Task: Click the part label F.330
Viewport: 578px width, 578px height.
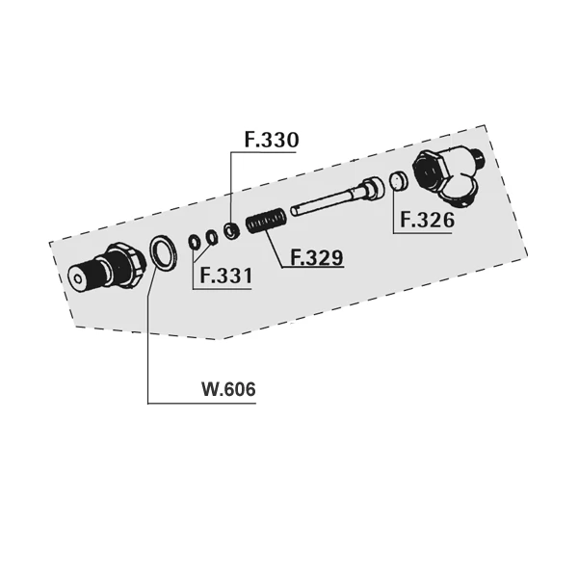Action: (x=272, y=140)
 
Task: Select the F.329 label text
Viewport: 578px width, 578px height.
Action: (x=317, y=257)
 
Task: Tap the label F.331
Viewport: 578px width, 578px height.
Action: (x=226, y=276)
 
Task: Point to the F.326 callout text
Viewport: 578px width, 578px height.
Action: (x=427, y=220)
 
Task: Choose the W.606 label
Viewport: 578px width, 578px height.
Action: (x=228, y=389)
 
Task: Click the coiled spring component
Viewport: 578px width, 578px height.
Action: (x=266, y=221)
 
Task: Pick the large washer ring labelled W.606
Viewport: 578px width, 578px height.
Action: (x=162, y=252)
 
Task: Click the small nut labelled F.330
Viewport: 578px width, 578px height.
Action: (x=232, y=231)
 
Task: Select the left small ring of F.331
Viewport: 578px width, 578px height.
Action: (x=194, y=242)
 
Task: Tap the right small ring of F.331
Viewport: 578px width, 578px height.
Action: (x=211, y=237)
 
